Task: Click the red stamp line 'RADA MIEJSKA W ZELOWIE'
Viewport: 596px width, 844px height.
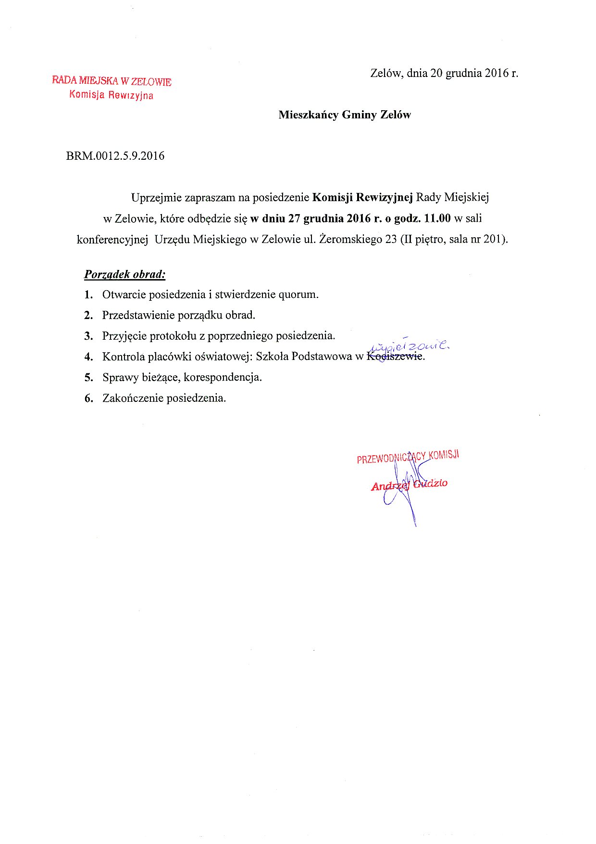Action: click(112, 81)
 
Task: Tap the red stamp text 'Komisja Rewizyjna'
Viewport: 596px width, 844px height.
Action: click(111, 95)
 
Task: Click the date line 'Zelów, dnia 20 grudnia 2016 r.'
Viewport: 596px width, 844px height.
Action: click(444, 73)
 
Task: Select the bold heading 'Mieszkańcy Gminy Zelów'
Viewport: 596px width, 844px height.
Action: click(345, 115)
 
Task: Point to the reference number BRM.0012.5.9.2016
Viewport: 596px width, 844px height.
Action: click(115, 156)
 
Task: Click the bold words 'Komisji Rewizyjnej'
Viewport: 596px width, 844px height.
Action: click(362, 197)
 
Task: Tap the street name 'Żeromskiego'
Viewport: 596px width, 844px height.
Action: click(351, 239)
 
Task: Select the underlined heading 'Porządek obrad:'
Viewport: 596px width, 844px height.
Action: click(125, 274)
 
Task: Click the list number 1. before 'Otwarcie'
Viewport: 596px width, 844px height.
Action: click(88, 294)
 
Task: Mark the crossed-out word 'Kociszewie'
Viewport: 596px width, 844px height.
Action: click(395, 357)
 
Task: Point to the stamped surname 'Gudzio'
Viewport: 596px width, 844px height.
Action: click(431, 483)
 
